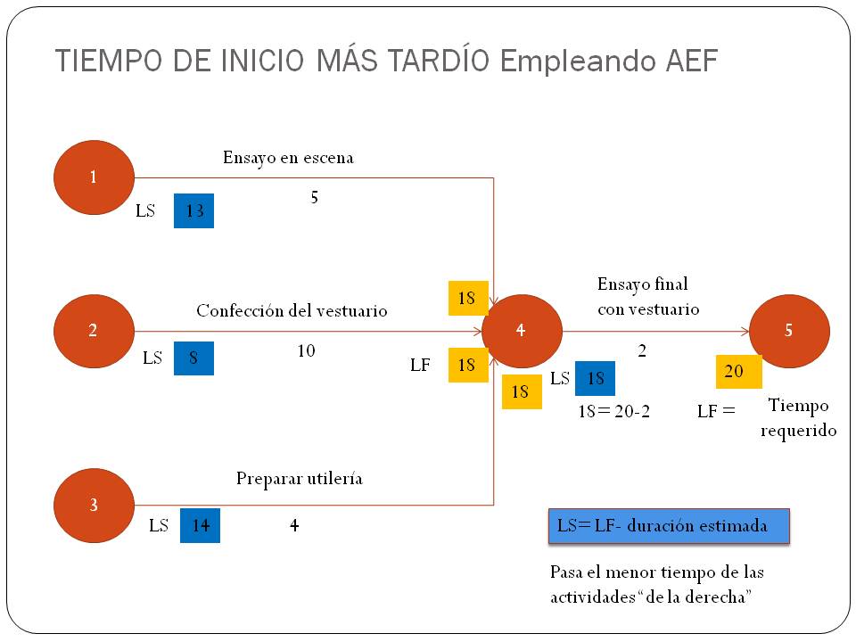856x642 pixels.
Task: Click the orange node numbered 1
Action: (94, 177)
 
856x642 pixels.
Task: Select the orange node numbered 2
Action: (94, 331)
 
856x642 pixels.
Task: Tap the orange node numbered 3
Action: (94, 506)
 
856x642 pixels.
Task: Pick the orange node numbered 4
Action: (522, 331)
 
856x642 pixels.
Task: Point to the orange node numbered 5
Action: (789, 331)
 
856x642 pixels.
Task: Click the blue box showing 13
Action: (193, 210)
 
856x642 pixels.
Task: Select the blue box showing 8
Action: (193, 358)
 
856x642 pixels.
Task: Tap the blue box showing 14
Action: (201, 525)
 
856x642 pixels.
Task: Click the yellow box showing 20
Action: (738, 371)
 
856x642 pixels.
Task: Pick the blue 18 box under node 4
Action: (595, 378)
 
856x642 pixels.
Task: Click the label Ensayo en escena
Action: (288, 158)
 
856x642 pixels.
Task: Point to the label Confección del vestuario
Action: (292, 310)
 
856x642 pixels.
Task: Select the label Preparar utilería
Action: (300, 479)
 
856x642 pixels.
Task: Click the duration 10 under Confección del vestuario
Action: (306, 350)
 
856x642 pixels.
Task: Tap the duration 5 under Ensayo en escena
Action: (315, 197)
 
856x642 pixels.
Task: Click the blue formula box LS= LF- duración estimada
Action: (669, 526)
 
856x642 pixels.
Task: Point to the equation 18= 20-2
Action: (614, 411)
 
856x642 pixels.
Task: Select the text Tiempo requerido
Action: (799, 417)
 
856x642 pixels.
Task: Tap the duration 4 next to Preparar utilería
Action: (294, 525)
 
